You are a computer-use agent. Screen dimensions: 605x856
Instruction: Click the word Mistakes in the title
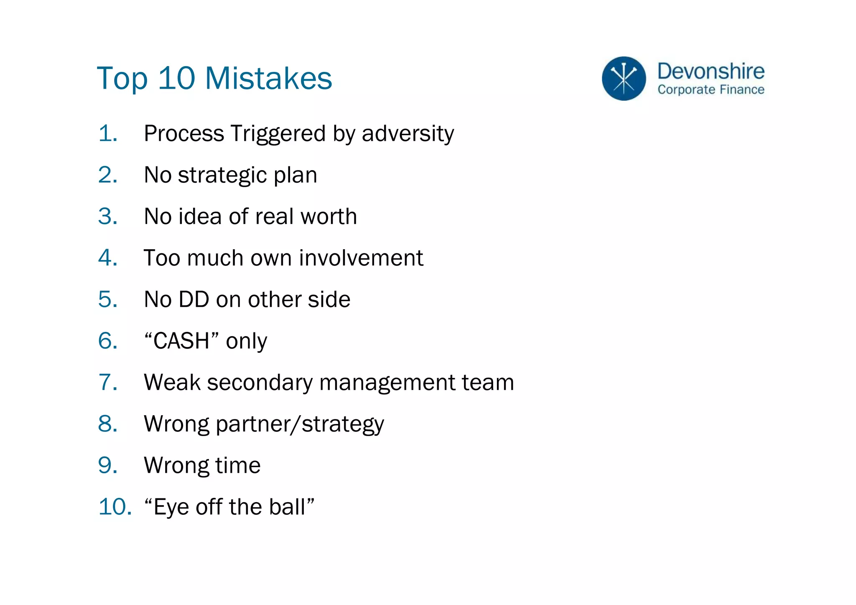268,78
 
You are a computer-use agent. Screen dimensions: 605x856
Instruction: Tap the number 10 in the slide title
176,78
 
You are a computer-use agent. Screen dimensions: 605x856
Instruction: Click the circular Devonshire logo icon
624,79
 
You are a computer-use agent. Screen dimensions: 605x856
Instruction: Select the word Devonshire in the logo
711,71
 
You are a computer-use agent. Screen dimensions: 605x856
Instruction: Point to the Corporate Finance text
711,89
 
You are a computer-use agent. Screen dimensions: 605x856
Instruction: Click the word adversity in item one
408,134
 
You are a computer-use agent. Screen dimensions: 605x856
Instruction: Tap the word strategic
222,175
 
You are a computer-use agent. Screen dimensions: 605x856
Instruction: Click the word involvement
361,258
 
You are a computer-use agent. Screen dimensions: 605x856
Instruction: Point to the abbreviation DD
194,299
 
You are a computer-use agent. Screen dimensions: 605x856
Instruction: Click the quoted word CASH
181,341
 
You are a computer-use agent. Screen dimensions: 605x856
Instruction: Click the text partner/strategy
300,424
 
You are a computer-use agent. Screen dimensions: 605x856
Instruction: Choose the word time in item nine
237,465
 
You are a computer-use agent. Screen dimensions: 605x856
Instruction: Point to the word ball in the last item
287,507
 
